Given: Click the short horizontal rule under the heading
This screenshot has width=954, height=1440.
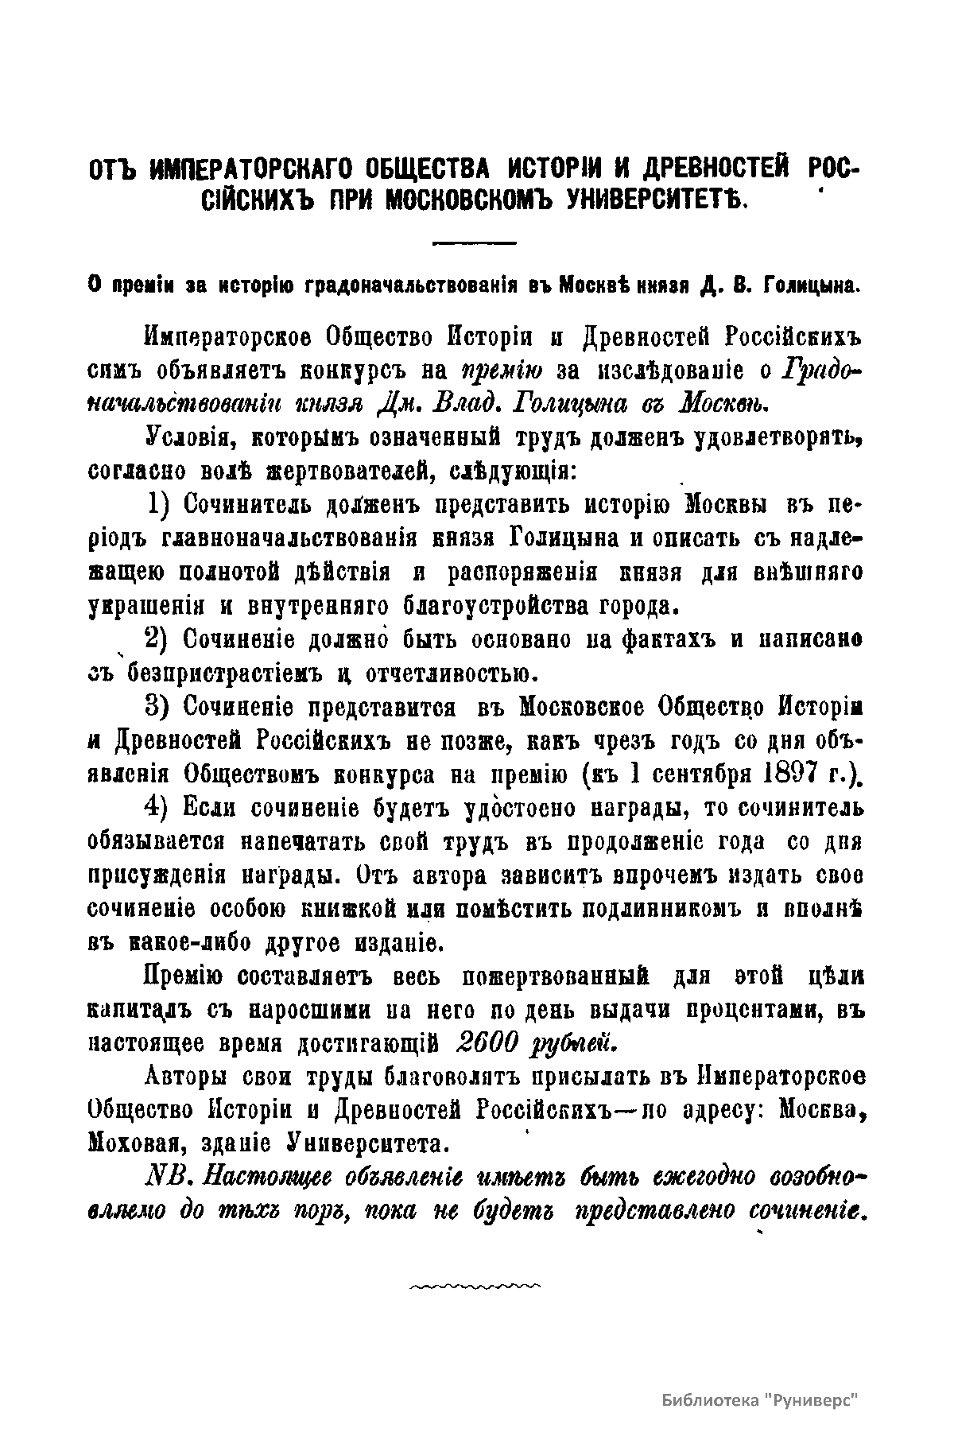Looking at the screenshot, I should pyautogui.click(x=474, y=241).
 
